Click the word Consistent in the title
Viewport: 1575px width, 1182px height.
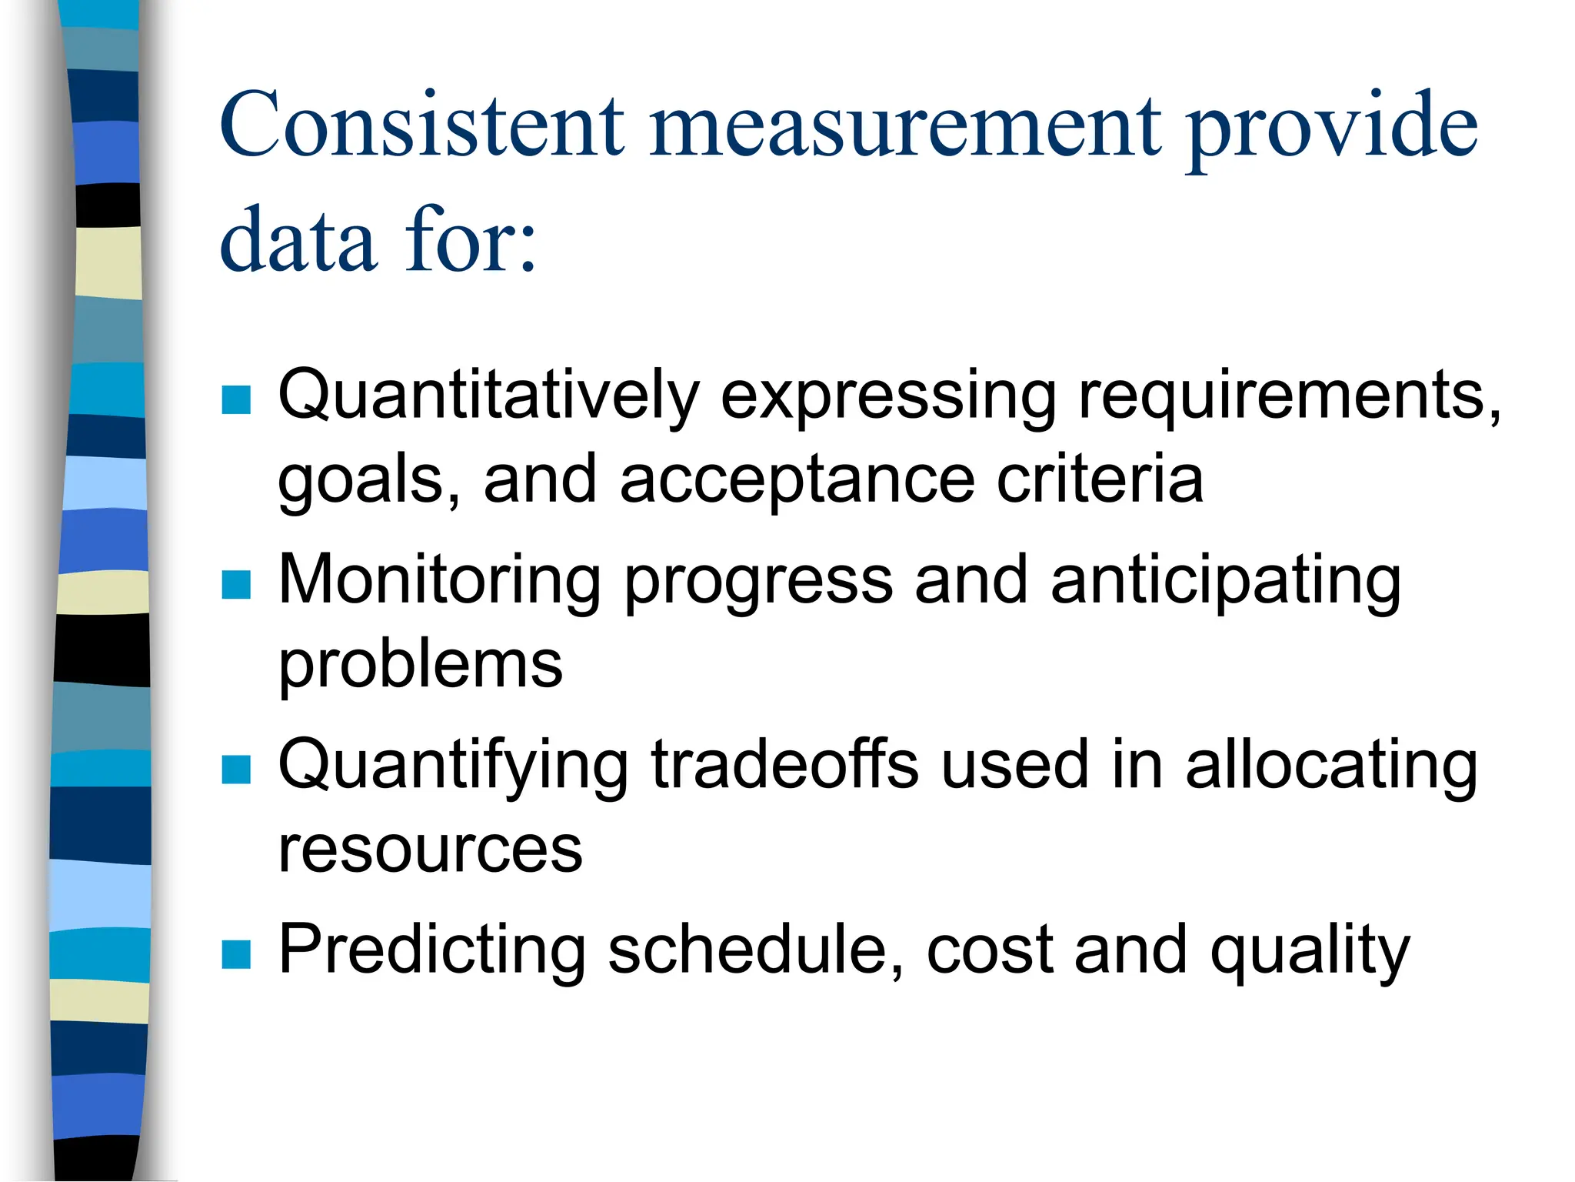[422, 125]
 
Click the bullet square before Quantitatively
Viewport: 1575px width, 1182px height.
[236, 399]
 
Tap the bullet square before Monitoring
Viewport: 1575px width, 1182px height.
[236, 584]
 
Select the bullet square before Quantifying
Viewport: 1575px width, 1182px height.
[236, 769]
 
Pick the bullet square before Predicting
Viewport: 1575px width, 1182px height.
[236, 953]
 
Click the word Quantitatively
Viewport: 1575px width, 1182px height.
[488, 396]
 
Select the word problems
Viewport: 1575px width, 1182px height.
[421, 666]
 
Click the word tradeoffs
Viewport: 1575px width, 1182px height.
[784, 765]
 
